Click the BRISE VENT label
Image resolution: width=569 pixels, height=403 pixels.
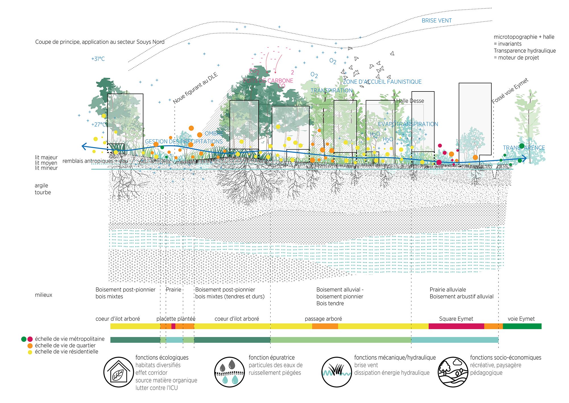(436, 21)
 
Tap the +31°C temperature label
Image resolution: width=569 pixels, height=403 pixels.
(98, 59)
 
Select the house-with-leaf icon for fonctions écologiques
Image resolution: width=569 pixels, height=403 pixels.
(118, 372)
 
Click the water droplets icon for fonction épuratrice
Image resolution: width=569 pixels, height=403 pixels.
(229, 372)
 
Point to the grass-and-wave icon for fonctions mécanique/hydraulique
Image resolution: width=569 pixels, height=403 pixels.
(337, 372)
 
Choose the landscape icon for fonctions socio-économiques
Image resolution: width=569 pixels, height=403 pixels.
(453, 372)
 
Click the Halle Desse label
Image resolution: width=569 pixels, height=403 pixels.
(410, 101)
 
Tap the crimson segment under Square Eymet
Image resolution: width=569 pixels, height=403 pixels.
(456, 326)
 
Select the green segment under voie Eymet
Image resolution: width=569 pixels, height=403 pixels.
(522, 326)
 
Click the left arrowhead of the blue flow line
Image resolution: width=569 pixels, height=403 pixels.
(84, 146)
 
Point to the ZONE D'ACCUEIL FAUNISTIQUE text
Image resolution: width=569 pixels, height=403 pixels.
(382, 82)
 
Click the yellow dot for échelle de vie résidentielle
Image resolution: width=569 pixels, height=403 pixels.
(30, 352)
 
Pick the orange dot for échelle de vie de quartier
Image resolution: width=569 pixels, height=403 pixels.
(30, 346)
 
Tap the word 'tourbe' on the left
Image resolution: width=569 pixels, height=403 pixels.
(43, 192)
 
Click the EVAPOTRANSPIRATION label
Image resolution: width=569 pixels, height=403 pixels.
(408, 124)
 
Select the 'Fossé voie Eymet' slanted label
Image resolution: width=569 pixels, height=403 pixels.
(510, 90)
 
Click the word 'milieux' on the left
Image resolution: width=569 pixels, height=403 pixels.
(44, 295)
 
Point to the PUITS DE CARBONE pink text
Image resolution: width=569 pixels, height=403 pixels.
(268, 81)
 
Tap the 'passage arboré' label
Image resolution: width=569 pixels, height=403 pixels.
(323, 319)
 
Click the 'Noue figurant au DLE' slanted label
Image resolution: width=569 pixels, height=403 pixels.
(195, 88)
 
